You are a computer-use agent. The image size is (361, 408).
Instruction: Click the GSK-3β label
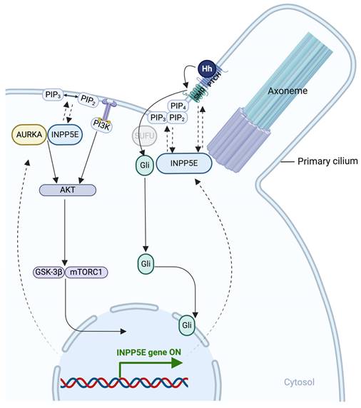tap(48, 271)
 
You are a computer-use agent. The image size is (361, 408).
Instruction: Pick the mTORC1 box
tap(86, 271)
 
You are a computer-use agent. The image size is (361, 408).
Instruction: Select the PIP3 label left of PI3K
tap(50, 93)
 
